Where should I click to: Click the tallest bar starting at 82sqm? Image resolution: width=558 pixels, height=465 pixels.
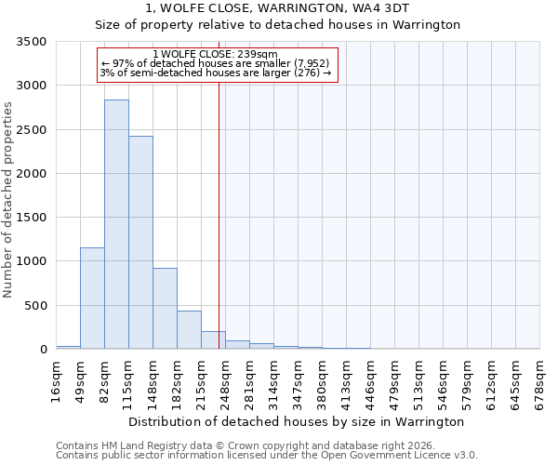coord(116,224)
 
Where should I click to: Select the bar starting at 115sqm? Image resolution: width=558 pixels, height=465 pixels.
coord(140,243)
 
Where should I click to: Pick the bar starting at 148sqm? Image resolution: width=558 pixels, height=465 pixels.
coord(165,309)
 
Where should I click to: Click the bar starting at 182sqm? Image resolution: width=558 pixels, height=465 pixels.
coord(189,330)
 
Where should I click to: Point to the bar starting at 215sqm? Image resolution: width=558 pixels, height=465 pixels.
coord(213,340)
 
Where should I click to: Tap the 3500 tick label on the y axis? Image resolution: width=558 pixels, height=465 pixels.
coord(32,42)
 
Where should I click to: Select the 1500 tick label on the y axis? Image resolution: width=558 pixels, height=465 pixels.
coord(32,218)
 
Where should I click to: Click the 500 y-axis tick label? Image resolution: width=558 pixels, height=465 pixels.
coord(35,305)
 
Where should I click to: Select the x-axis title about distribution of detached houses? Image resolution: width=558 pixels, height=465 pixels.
coord(296,421)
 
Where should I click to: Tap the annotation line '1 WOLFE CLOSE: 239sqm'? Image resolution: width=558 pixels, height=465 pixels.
coord(215,55)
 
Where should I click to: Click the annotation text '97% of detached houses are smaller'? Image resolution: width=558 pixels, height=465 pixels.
coord(215,64)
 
